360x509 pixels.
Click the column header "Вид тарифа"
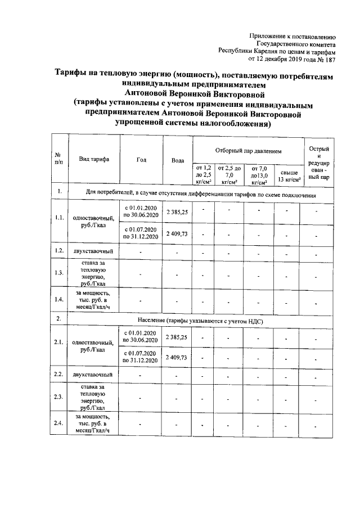pos(94,159)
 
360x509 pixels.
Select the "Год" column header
pos(142,159)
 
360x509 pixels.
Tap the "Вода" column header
pos(178,160)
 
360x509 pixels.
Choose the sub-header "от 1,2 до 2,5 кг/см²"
pos(202,175)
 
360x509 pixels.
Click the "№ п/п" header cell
pos(58,159)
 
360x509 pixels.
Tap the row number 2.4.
pos(58,424)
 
